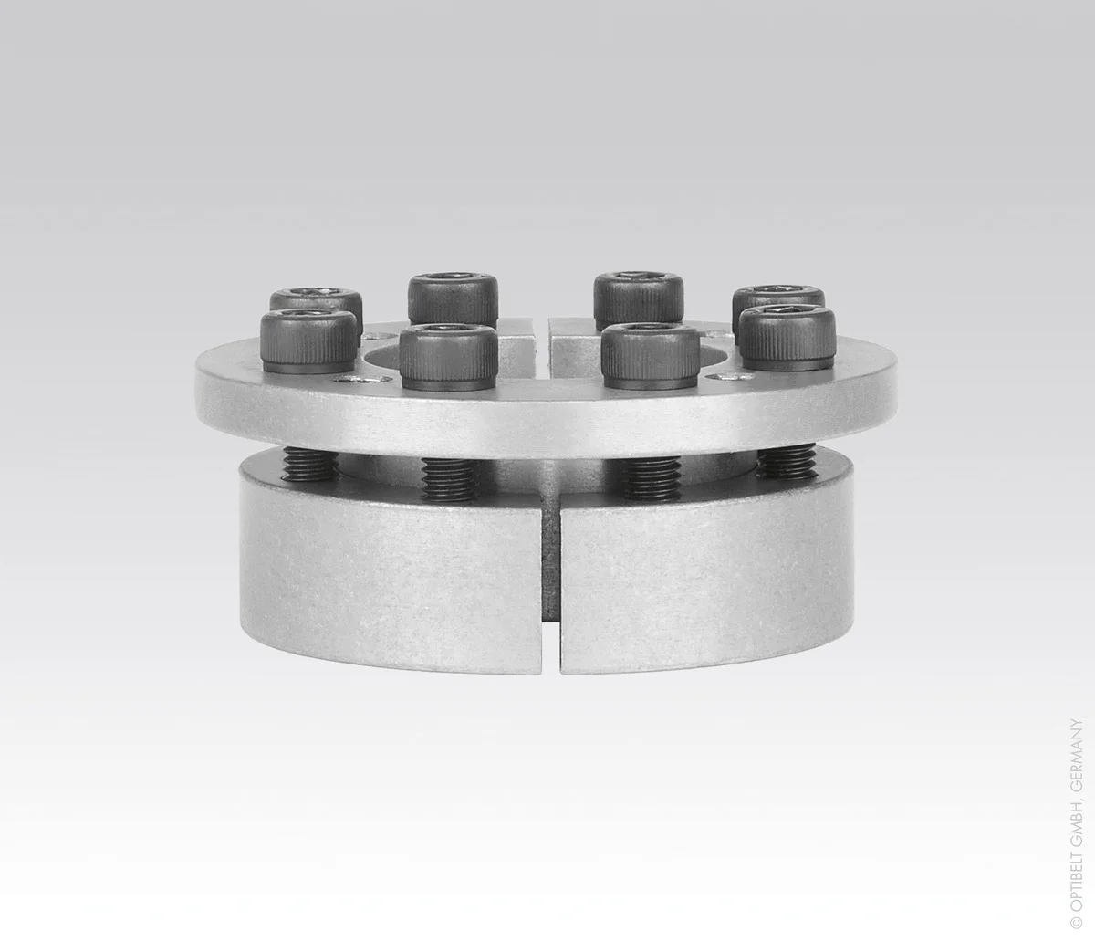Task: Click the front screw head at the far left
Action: pyautogui.click(x=309, y=341)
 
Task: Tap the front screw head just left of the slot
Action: pyautogui.click(x=448, y=357)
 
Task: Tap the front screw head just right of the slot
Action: pyautogui.click(x=651, y=357)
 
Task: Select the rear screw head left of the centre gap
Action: pyautogui.click(x=453, y=298)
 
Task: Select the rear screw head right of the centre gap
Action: pyautogui.click(x=639, y=298)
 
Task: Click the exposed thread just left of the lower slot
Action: pyautogui.click(x=448, y=480)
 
